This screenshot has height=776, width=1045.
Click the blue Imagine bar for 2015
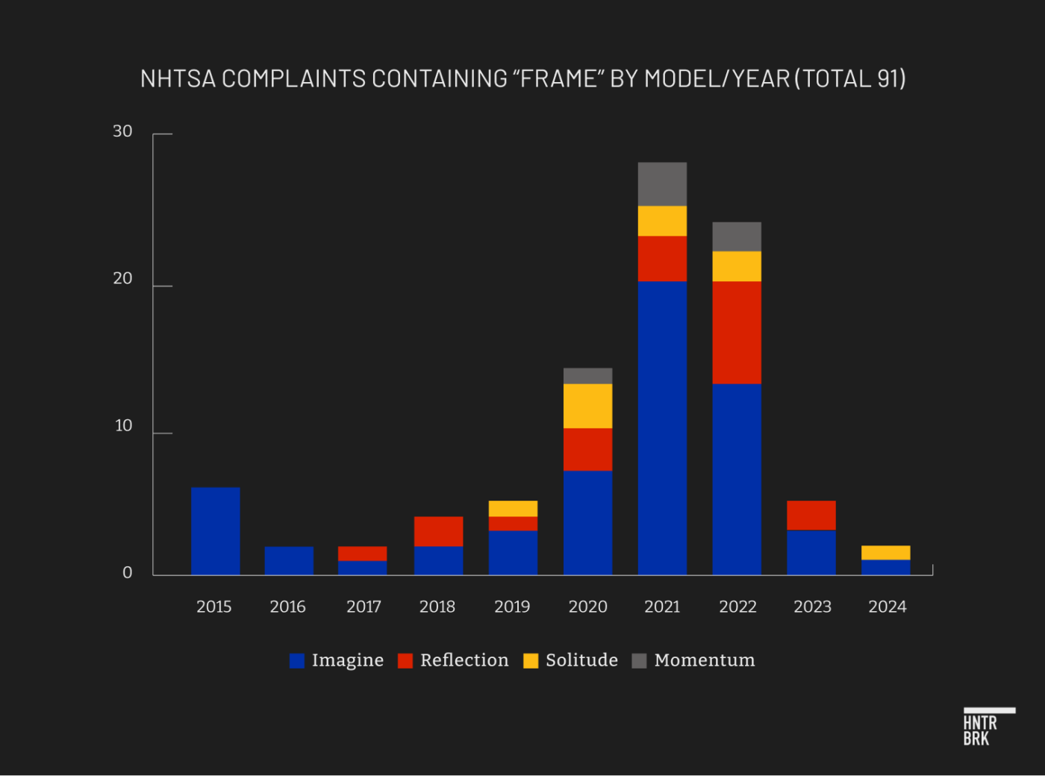215,531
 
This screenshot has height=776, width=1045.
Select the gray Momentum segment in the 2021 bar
662,184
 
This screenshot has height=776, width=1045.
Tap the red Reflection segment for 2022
737,332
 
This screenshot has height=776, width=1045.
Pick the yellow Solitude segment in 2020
587,405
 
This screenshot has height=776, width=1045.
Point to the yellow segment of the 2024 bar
885,552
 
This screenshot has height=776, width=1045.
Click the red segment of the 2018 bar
438,531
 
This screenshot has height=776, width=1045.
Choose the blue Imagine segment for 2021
662,427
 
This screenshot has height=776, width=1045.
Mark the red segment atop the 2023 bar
811,515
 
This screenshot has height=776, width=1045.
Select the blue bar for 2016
289,560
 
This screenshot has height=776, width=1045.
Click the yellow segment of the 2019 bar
513,508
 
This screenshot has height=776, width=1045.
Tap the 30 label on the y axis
122,132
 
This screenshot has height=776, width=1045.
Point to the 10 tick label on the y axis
123,426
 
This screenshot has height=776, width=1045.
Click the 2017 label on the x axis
364,607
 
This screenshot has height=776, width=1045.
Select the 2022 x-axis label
737,607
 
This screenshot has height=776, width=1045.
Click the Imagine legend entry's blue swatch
297,660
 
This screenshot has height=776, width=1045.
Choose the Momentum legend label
705,660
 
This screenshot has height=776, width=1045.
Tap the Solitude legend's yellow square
531,660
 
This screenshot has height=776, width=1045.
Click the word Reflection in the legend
464,660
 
